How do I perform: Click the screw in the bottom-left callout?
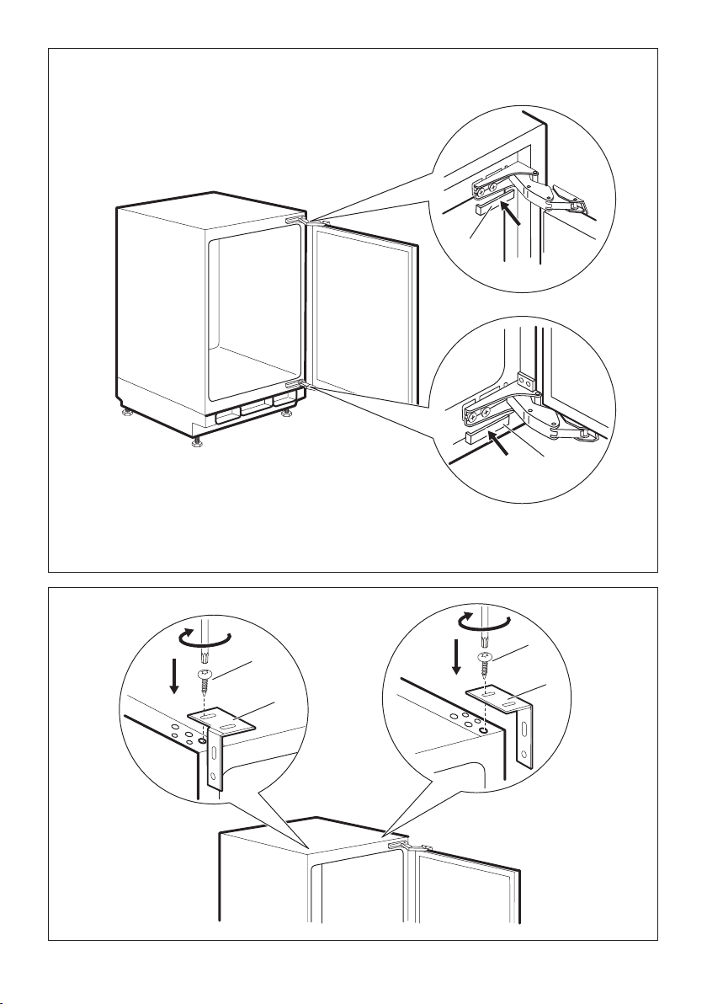pos(204,681)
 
